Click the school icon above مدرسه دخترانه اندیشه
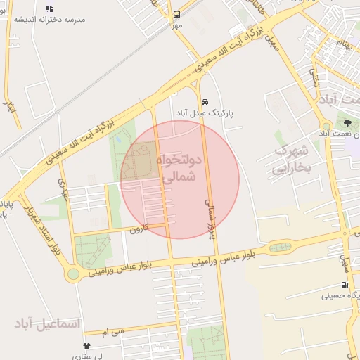tap(49, 8)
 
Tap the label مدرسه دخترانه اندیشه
tap(49, 19)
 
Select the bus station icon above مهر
tap(176, 13)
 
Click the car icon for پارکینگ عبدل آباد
tap(204, 101)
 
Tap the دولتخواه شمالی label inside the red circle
tap(177, 169)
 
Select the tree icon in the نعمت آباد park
tap(348, 122)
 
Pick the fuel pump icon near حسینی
tap(344, 285)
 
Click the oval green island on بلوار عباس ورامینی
tap(280, 247)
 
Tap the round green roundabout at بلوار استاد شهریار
tap(74, 274)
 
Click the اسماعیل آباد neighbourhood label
tap(48, 323)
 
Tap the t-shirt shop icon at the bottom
tap(87, 346)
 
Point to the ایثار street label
tap(10, 108)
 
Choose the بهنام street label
tap(342, 44)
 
